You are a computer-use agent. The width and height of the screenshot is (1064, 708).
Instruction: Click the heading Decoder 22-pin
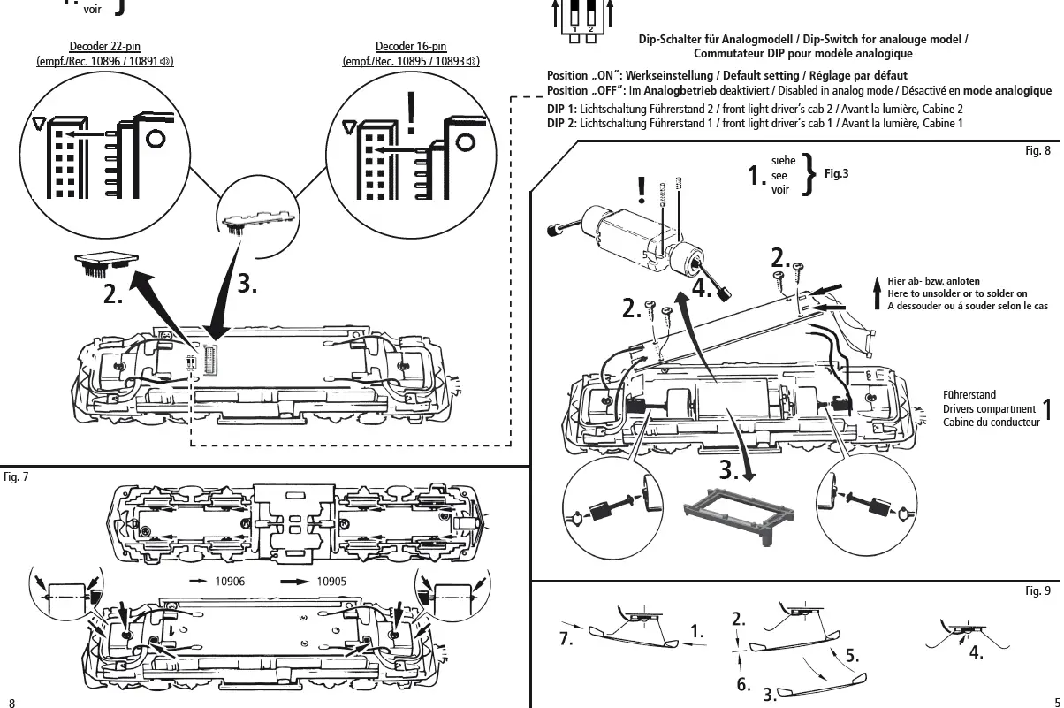click(x=104, y=47)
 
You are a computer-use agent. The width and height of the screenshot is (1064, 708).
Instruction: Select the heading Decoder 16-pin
click(x=411, y=47)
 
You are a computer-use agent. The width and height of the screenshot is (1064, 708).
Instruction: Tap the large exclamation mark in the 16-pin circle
click(x=411, y=112)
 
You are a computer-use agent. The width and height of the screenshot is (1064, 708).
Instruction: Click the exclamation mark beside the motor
click(x=641, y=189)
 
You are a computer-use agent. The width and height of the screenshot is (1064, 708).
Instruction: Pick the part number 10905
click(x=331, y=582)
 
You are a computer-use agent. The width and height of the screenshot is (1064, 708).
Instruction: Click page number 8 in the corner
click(x=12, y=701)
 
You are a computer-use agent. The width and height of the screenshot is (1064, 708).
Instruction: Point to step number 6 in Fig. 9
click(x=743, y=685)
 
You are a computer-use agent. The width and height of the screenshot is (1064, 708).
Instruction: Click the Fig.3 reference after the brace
click(x=837, y=174)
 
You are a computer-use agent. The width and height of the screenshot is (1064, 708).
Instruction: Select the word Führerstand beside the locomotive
click(x=969, y=395)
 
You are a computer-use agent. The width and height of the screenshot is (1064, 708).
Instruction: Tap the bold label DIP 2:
click(x=562, y=123)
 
